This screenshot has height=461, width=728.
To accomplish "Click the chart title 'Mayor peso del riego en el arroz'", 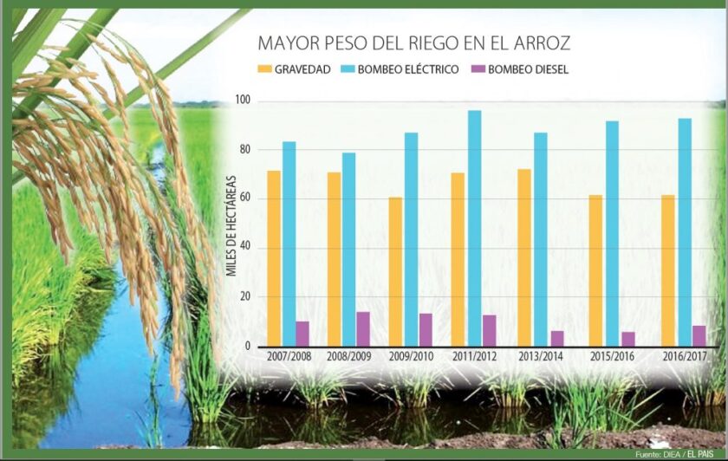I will [413, 43].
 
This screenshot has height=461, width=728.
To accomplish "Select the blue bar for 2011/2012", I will [474, 228].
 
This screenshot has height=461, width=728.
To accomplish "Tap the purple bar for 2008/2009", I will [363, 328].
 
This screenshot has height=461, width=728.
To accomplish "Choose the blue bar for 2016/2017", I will [685, 231].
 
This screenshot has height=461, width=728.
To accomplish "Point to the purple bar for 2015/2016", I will [628, 339].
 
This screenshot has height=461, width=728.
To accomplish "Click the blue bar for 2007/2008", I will [289, 243].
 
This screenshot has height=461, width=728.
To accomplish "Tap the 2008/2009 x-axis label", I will [348, 357].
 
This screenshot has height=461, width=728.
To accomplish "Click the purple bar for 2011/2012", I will [490, 330].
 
